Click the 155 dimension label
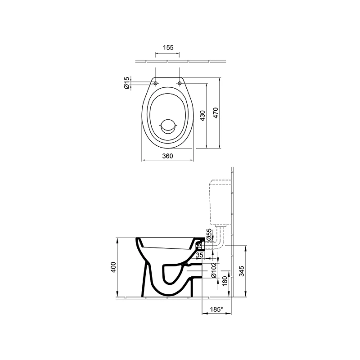(x=168, y=48)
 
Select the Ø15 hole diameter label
(x=126, y=83)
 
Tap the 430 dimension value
(x=202, y=116)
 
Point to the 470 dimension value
(x=216, y=113)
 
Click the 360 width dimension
(x=167, y=156)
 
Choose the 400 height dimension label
(x=113, y=267)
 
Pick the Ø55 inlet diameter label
(x=209, y=234)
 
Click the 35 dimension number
(x=199, y=255)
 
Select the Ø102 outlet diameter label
(x=213, y=270)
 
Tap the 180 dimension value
(x=225, y=281)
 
